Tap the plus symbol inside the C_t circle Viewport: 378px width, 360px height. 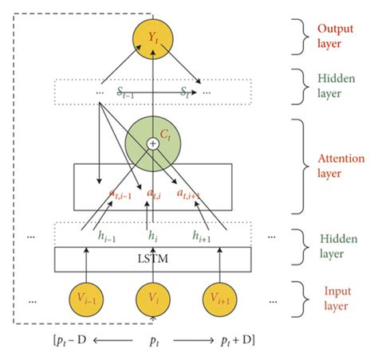(152, 143)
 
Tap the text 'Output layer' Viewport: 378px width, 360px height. (336, 34)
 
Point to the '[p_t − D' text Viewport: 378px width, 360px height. (69, 342)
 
